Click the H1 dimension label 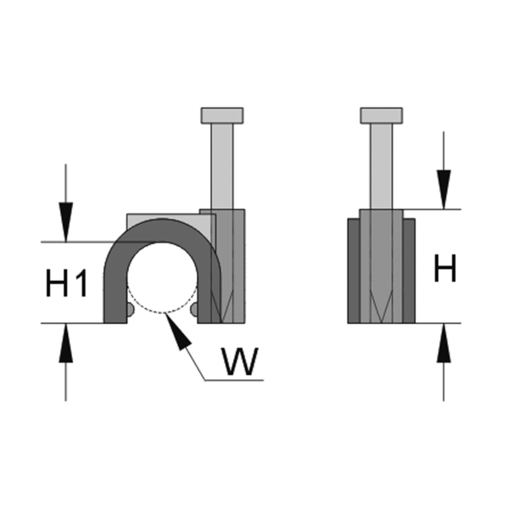click(66, 282)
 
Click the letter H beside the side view click(445, 269)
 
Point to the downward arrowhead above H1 click(66, 227)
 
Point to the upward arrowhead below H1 click(66, 338)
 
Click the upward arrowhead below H click(444, 338)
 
